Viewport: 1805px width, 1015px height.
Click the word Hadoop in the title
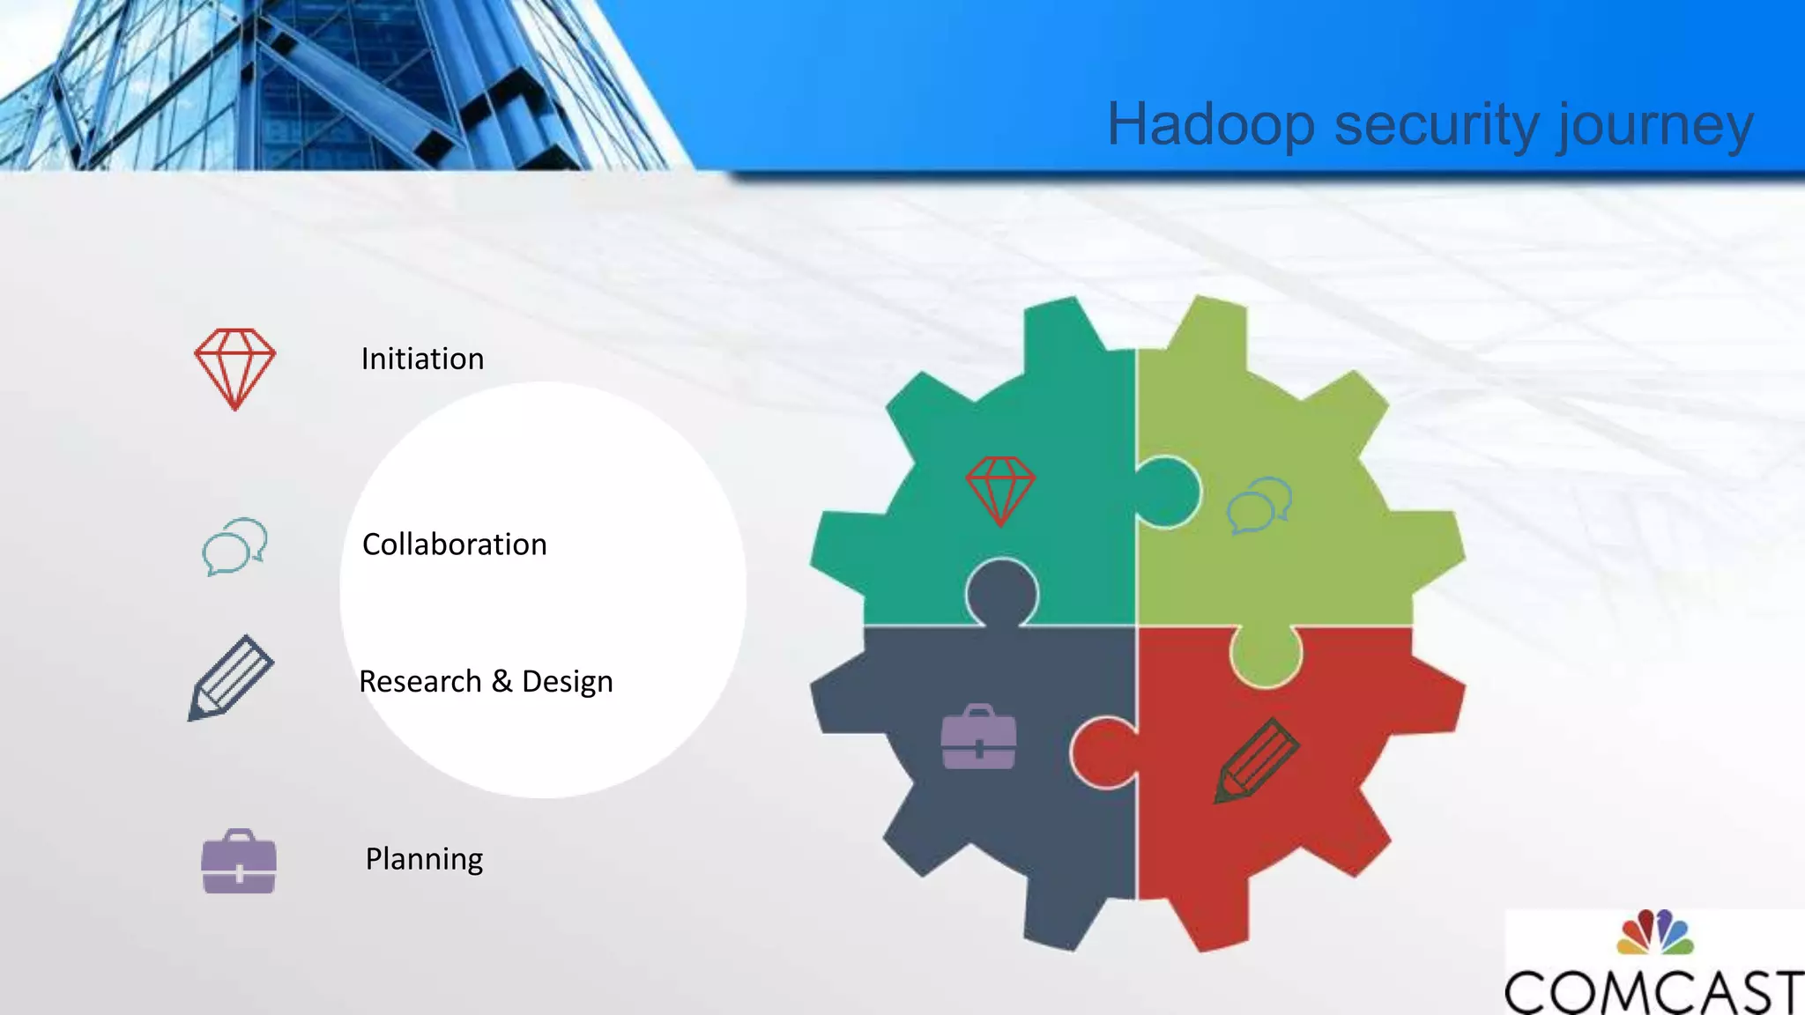coord(1211,124)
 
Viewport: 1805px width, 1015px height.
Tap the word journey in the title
coord(1653,126)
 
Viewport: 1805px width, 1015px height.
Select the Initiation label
coord(422,359)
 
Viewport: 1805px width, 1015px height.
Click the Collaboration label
coord(454,545)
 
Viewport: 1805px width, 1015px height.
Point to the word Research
coord(420,682)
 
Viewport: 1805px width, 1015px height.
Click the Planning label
coord(424,859)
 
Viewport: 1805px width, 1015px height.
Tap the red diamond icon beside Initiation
coord(234,368)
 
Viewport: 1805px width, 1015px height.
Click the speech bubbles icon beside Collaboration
coord(234,547)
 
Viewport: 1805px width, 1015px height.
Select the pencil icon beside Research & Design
coord(231,678)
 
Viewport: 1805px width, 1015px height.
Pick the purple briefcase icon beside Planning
coord(239,863)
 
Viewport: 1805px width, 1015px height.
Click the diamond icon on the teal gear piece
coord(999,490)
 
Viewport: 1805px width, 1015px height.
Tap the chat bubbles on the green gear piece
coord(1259,505)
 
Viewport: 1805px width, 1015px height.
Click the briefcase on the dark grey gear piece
coord(978,737)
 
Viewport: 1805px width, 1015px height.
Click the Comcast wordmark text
coord(1653,991)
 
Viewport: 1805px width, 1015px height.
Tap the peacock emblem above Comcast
coord(1655,933)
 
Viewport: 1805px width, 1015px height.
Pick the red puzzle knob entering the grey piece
coord(1102,751)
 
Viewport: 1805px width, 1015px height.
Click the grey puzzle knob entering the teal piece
coord(1001,592)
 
